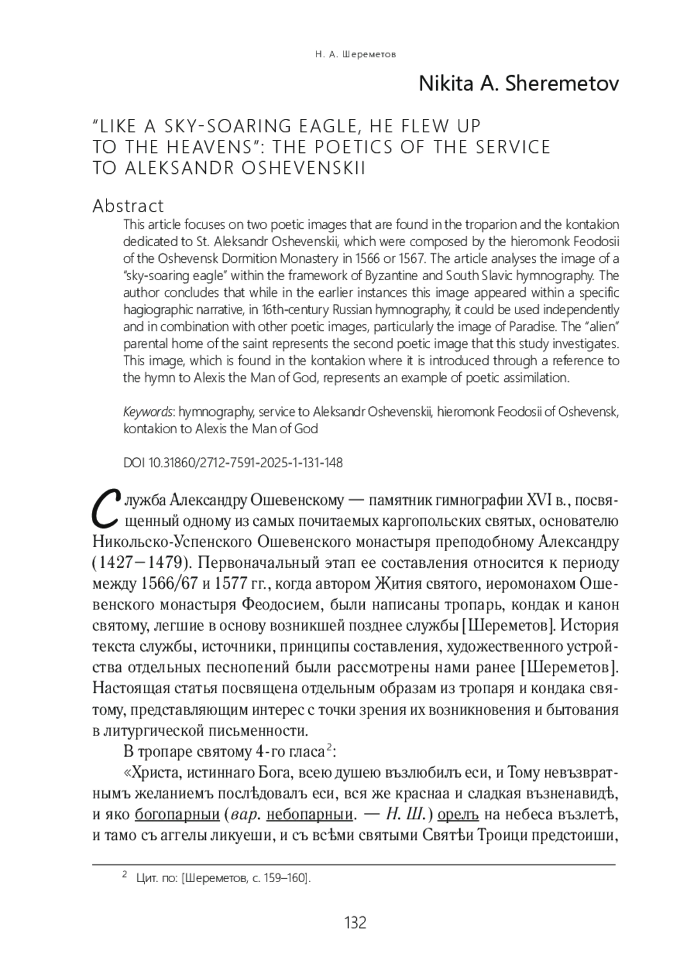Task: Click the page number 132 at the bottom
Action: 355,923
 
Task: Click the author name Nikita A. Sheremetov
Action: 519,84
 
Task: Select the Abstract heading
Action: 128,206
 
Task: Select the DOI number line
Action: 233,463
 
